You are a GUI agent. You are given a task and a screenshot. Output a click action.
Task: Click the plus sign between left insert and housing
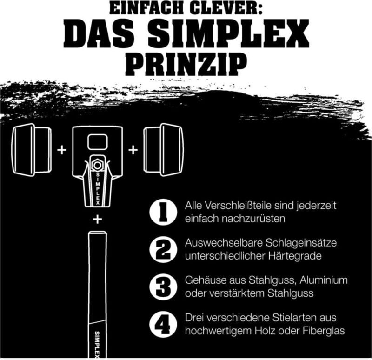61,150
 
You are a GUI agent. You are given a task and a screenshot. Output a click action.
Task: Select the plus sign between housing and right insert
133,150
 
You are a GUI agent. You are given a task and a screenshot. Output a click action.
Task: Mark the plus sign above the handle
97,220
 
